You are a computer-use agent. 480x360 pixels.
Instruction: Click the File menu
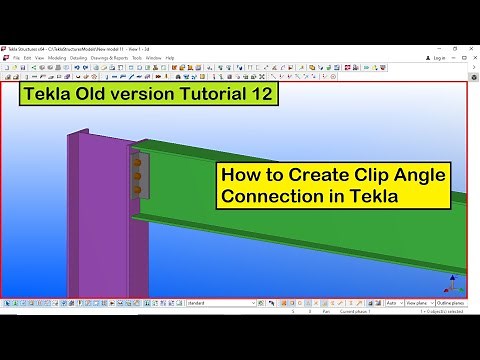(x=17, y=58)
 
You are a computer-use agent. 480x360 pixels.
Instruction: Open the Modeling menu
(x=57, y=58)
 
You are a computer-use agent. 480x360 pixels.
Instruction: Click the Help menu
(x=170, y=58)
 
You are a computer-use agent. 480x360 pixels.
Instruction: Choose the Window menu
(x=153, y=58)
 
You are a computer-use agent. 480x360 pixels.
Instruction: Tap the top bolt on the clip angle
(x=137, y=160)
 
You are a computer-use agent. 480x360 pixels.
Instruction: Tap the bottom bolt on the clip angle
(x=137, y=189)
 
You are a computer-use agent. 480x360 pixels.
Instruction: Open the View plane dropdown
(x=419, y=302)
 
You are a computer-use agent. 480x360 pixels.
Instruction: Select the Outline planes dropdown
(x=451, y=302)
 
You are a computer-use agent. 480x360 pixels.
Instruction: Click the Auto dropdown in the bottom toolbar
(x=394, y=302)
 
